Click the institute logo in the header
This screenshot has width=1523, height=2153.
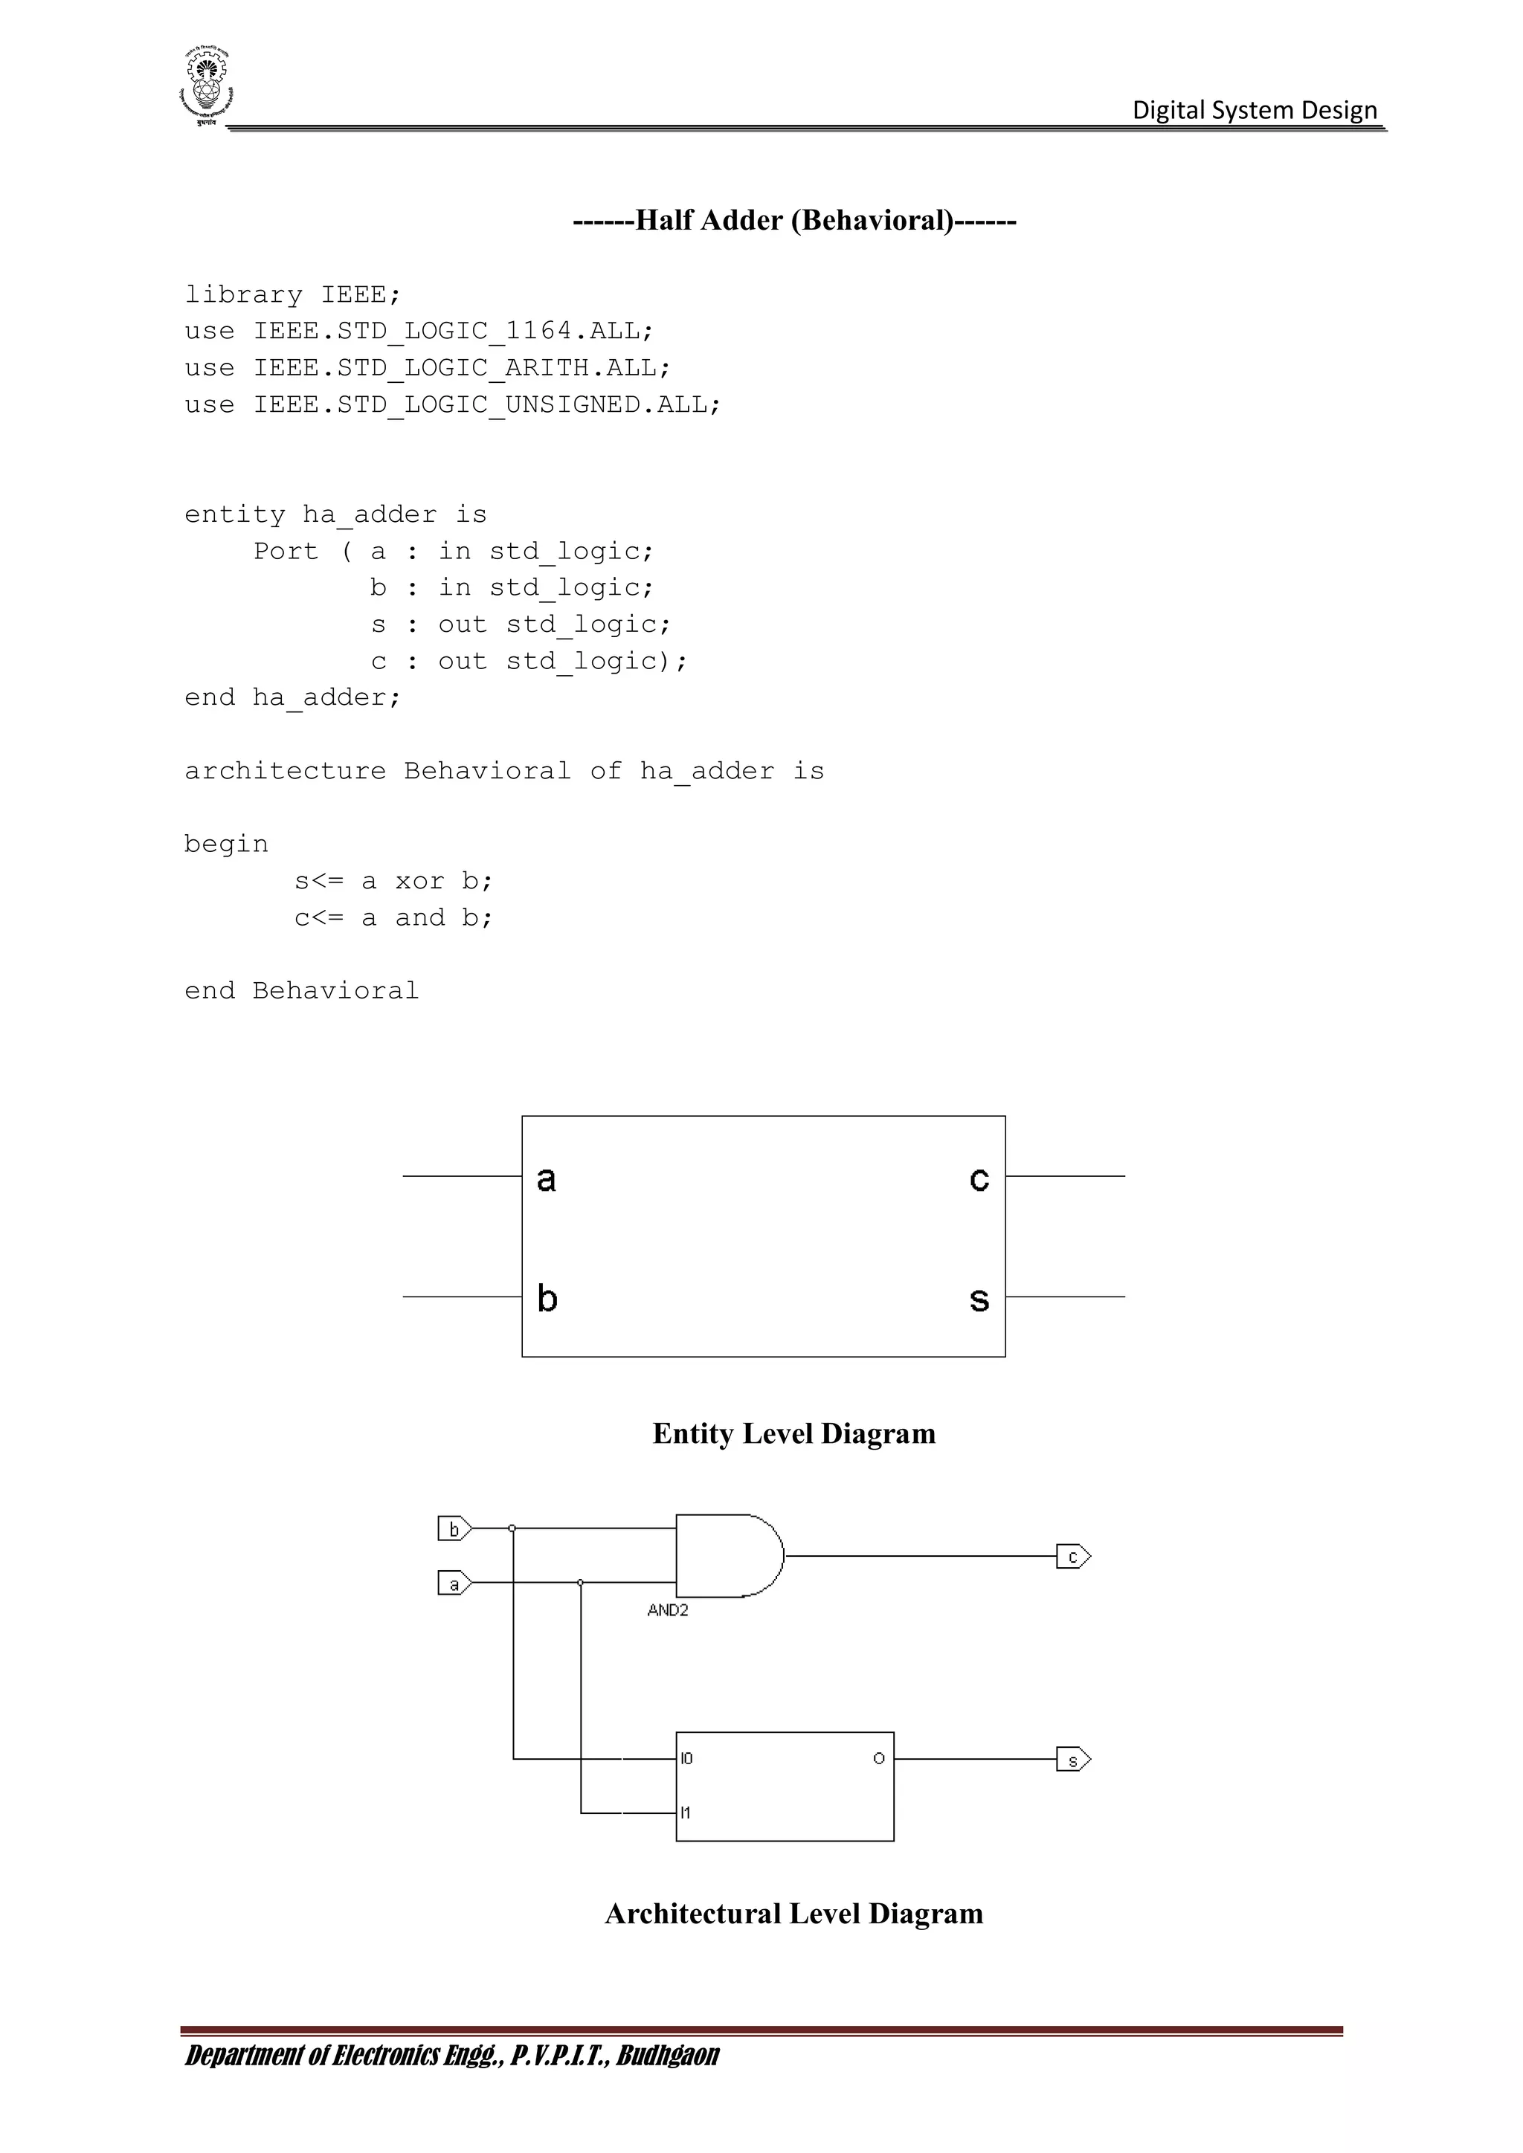205,87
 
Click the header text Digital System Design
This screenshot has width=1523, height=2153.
1254,111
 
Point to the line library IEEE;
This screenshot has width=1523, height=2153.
292,294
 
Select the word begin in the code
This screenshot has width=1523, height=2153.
226,844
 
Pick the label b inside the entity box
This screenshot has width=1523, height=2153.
547,1299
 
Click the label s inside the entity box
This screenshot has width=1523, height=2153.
979,1300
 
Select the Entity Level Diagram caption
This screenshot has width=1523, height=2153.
793,1434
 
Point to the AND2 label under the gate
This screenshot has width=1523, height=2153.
668,1610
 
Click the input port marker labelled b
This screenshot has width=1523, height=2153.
454,1529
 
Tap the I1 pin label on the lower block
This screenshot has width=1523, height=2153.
686,1813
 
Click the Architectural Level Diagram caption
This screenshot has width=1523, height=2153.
793,1914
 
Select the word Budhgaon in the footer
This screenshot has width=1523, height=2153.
668,2056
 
